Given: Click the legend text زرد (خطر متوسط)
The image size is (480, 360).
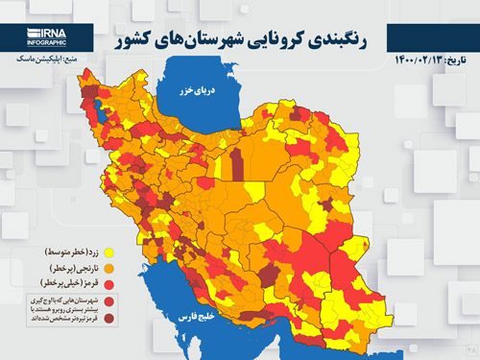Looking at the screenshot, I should coord(79,251).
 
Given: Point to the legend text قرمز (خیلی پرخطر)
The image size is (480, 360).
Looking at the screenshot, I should coord(77,285).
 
